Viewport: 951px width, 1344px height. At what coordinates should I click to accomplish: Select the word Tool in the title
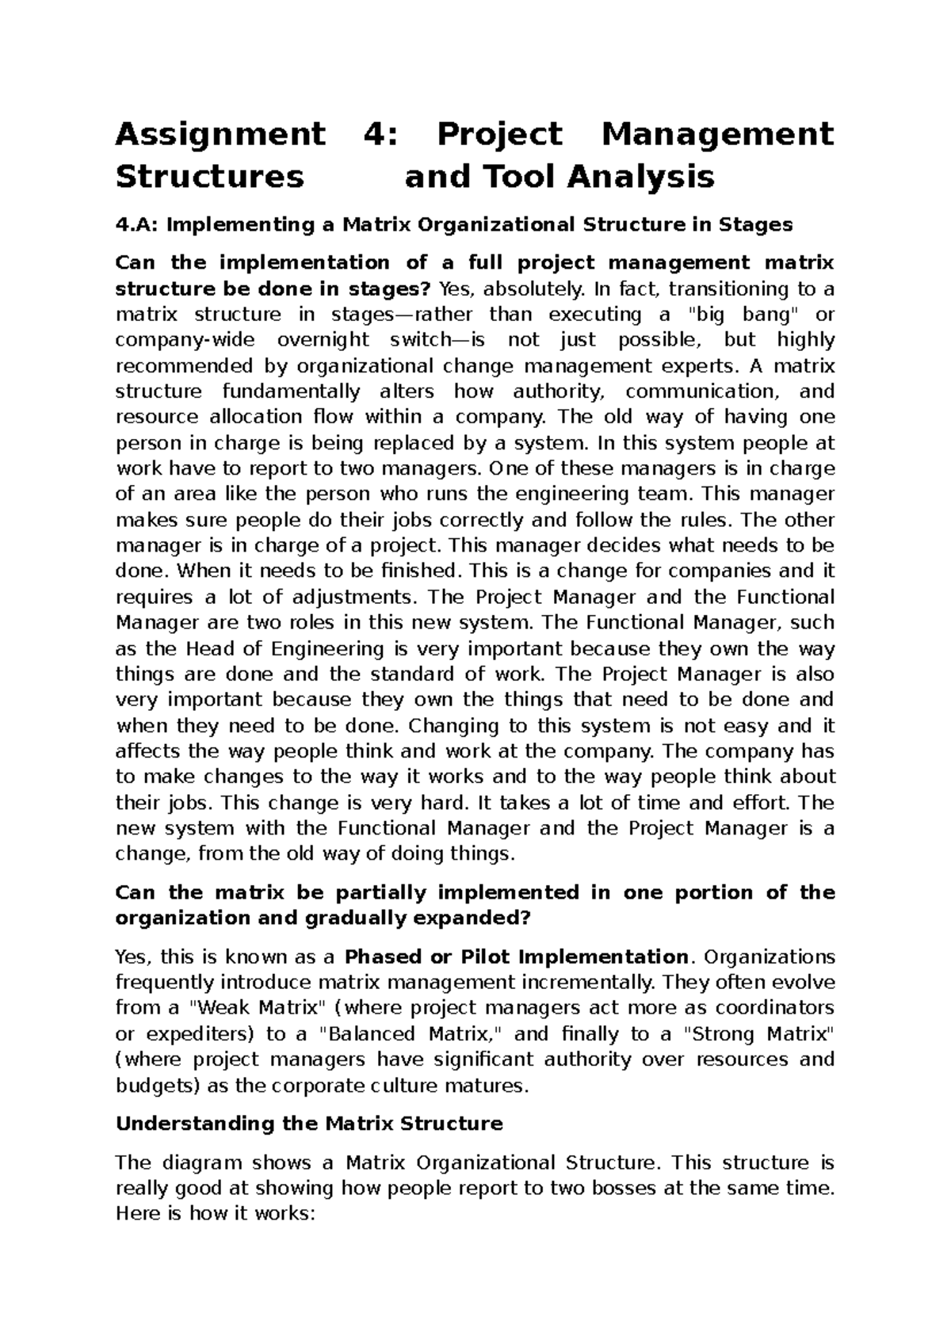tap(509, 177)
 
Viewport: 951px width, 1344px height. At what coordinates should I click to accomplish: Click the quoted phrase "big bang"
tap(743, 315)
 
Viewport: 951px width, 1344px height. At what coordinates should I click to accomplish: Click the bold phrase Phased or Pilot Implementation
tap(518, 956)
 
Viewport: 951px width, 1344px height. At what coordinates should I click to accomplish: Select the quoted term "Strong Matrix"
tap(758, 1034)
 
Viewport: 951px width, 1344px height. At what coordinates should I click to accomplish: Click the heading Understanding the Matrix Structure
tap(309, 1124)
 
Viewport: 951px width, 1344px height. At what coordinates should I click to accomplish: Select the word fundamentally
tap(289, 391)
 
